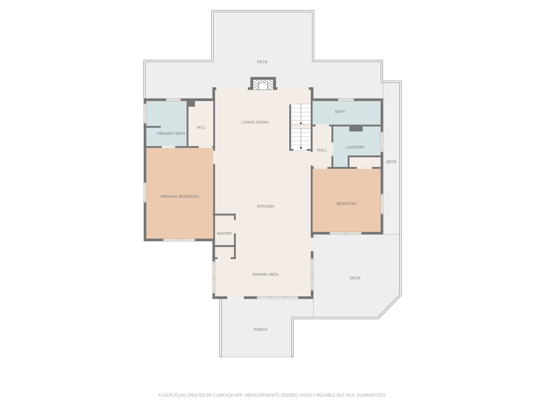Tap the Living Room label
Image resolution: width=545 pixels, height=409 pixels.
pyautogui.click(x=255, y=122)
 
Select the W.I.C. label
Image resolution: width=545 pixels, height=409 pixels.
pyautogui.click(x=201, y=128)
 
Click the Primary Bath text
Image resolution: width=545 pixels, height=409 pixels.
pyautogui.click(x=171, y=133)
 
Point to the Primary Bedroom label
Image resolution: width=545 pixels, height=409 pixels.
pyautogui.click(x=180, y=197)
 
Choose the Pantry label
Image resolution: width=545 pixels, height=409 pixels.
pyautogui.click(x=224, y=234)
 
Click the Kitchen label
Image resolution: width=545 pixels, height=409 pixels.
pyautogui.click(x=265, y=206)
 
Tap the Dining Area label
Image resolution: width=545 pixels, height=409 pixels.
pyautogui.click(x=265, y=274)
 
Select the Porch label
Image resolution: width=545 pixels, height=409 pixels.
pyautogui.click(x=260, y=329)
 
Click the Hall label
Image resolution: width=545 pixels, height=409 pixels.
pyautogui.click(x=322, y=150)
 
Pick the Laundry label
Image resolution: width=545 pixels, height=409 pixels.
pyautogui.click(x=355, y=147)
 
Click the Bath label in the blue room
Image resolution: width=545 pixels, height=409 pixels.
pyautogui.click(x=340, y=112)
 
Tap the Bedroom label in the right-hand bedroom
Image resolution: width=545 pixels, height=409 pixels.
pyautogui.click(x=346, y=204)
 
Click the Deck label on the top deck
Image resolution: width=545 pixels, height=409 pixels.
pyautogui.click(x=262, y=62)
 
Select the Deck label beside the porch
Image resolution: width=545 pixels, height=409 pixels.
pyautogui.click(x=355, y=278)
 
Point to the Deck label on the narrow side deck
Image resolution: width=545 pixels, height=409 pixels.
pyautogui.click(x=391, y=162)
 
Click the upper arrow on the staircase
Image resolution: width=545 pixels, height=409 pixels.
pyautogui.click(x=301, y=123)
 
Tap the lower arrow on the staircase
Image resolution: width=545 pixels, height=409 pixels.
pyautogui.click(x=301, y=148)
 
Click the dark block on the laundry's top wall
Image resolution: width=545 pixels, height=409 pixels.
pyautogui.click(x=356, y=129)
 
